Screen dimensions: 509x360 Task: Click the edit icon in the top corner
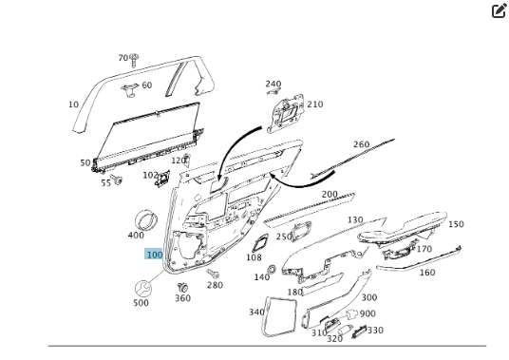pos(500,10)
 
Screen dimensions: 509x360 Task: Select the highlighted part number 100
pos(154,254)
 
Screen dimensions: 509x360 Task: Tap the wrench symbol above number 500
pos(142,288)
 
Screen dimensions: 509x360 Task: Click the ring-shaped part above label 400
pos(146,219)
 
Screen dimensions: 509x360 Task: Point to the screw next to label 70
pos(134,60)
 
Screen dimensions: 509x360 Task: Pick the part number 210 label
pos(315,104)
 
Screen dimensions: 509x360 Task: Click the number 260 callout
pos(361,144)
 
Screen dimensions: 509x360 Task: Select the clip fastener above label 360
pos(182,287)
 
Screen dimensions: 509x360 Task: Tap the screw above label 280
pos(213,274)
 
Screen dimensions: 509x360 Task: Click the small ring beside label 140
pos(272,269)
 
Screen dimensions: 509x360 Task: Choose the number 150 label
pos(456,224)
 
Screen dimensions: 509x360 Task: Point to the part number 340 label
pos(256,312)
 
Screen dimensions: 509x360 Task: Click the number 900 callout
pos(368,313)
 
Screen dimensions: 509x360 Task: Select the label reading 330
pos(375,331)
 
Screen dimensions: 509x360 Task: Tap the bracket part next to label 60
pos(130,90)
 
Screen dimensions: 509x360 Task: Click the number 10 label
pos(74,104)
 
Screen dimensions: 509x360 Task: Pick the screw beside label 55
pos(116,179)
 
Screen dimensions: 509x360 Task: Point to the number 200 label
pos(330,194)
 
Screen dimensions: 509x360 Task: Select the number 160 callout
pos(427,273)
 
